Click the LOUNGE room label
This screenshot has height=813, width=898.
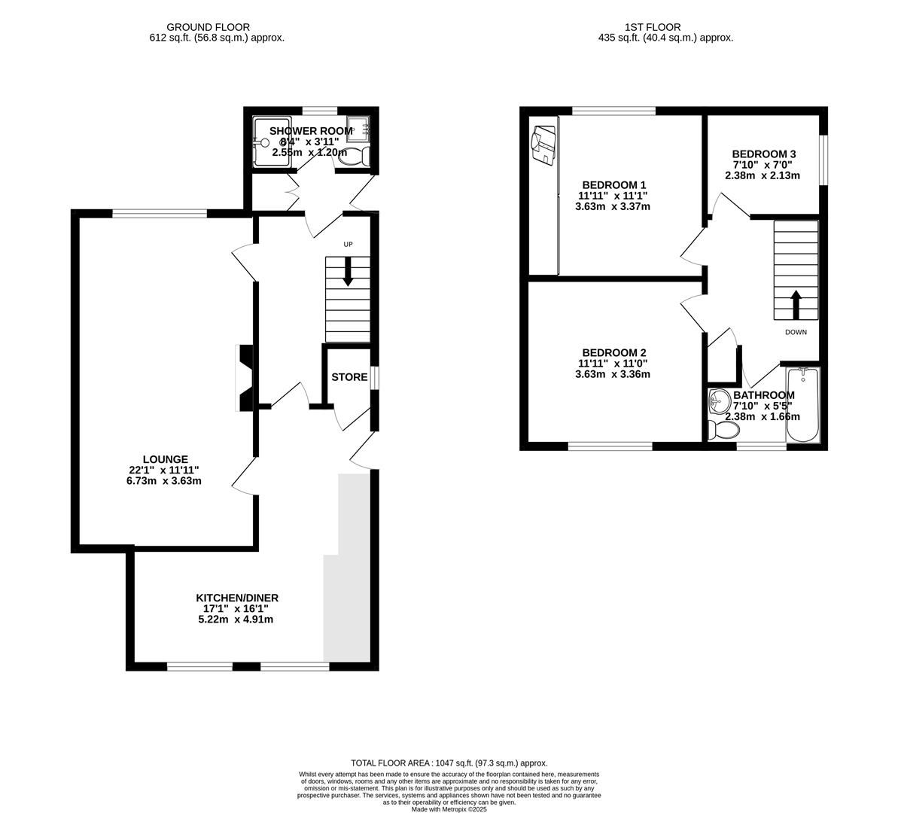click(166, 459)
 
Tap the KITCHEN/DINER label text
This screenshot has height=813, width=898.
click(237, 598)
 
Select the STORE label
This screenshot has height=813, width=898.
click(349, 377)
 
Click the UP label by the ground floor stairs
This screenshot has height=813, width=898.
click(348, 245)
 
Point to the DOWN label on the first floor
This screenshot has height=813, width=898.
click(796, 332)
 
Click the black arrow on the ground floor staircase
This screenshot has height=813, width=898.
click(348, 272)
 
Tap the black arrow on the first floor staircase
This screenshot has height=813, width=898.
click(796, 304)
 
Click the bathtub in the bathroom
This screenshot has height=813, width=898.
click(803, 404)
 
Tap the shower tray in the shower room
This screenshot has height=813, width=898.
click(272, 143)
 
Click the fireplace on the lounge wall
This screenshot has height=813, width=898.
click(245, 378)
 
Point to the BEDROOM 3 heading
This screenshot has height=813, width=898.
click(763, 154)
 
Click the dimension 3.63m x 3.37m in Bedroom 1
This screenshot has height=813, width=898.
click(612, 207)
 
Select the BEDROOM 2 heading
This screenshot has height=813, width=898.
click(614, 353)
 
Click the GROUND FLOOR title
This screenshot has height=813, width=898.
click(208, 27)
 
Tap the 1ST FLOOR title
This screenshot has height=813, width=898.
click(653, 27)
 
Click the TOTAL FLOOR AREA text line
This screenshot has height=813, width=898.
click(449, 763)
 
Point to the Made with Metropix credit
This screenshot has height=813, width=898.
click(449, 809)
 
